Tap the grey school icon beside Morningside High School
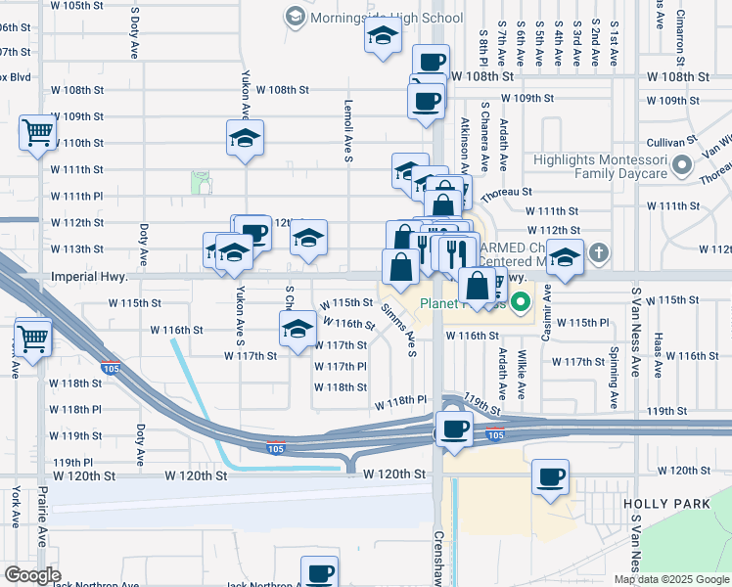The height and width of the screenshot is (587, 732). coord(295,17)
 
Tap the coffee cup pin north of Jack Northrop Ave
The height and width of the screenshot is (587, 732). coord(319,572)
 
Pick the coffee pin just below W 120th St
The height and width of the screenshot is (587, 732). coord(551,477)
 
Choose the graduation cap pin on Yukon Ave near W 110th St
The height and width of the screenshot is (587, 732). coord(245,138)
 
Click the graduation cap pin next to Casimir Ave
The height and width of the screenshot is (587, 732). coord(565,257)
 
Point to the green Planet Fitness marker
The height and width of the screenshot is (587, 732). coord(521,302)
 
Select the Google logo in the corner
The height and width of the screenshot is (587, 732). coord(31,575)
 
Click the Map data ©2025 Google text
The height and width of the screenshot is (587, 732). coord(670,579)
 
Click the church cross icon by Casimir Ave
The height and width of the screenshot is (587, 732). coord(598,253)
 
